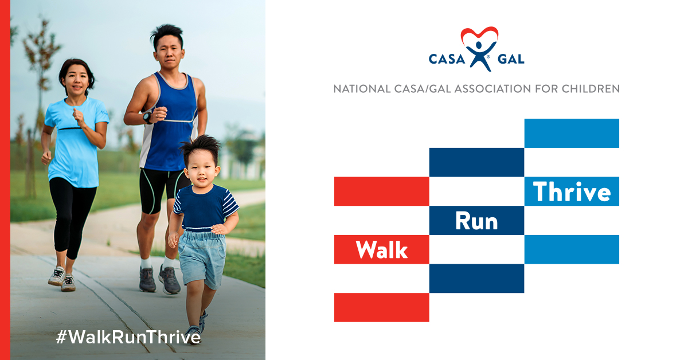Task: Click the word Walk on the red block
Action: [381, 250]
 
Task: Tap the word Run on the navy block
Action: [476, 221]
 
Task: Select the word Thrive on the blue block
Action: [572, 191]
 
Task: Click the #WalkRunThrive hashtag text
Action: [128, 337]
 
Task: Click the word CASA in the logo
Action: [447, 59]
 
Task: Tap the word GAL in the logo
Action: [511, 59]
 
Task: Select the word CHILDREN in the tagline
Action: [591, 89]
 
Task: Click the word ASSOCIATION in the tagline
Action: [492, 89]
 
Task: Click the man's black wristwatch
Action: [147, 118]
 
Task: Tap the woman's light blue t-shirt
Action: [76, 141]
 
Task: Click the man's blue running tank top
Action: [169, 123]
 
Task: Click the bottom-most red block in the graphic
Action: [381, 307]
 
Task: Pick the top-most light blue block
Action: [572, 134]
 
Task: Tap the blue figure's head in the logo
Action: [478, 45]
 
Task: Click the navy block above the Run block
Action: [476, 162]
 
